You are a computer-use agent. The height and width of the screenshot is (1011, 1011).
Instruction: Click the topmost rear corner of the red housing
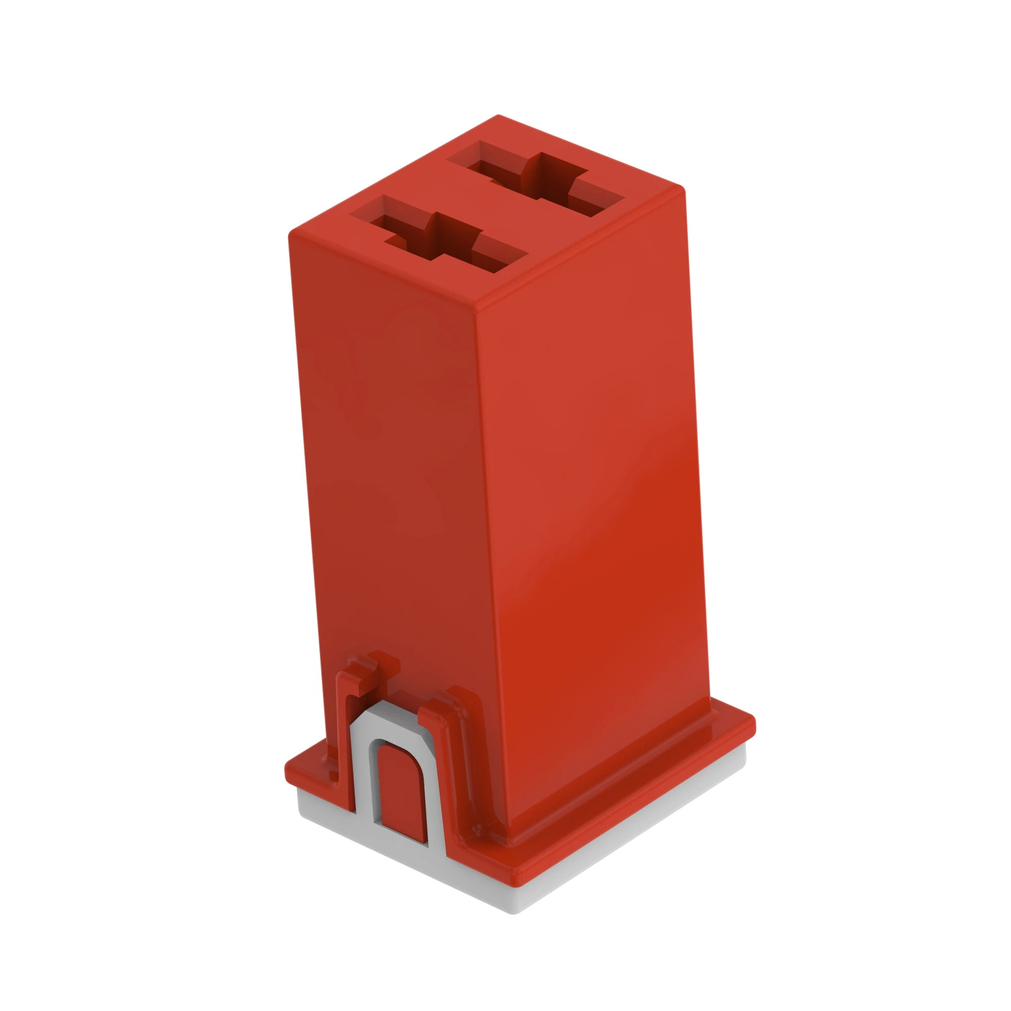click(x=498, y=116)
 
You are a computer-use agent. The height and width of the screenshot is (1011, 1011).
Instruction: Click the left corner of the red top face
click(x=291, y=236)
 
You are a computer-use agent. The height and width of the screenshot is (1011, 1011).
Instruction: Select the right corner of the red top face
click(x=683, y=190)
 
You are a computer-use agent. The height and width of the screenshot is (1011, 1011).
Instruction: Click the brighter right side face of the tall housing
click(x=591, y=471)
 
